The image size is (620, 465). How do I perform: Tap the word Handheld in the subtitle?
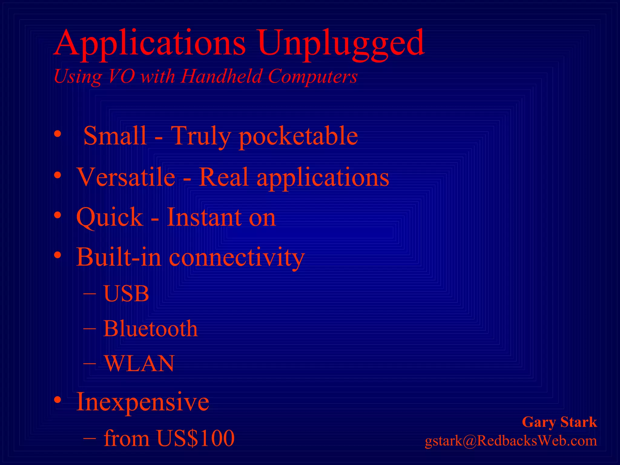tap(221, 76)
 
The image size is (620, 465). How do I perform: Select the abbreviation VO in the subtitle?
tap(121, 76)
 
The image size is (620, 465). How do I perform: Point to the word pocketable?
tap(298, 136)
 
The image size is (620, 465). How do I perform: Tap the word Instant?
tap(204, 217)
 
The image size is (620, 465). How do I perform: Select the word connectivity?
tap(236, 257)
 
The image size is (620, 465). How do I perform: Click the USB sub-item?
tap(126, 294)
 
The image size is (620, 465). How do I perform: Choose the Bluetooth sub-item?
tap(150, 329)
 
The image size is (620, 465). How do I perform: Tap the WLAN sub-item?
tap(139, 363)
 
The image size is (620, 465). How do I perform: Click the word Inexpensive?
tap(143, 402)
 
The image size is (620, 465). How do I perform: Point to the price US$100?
tap(196, 438)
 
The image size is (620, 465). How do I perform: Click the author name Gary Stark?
tap(559, 422)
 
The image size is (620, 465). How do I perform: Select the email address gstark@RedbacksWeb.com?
tap(511, 441)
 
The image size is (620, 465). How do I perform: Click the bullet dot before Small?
tap(58, 134)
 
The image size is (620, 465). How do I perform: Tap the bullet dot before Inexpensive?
tap(58, 400)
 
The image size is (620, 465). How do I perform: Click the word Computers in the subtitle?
tap(313, 76)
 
